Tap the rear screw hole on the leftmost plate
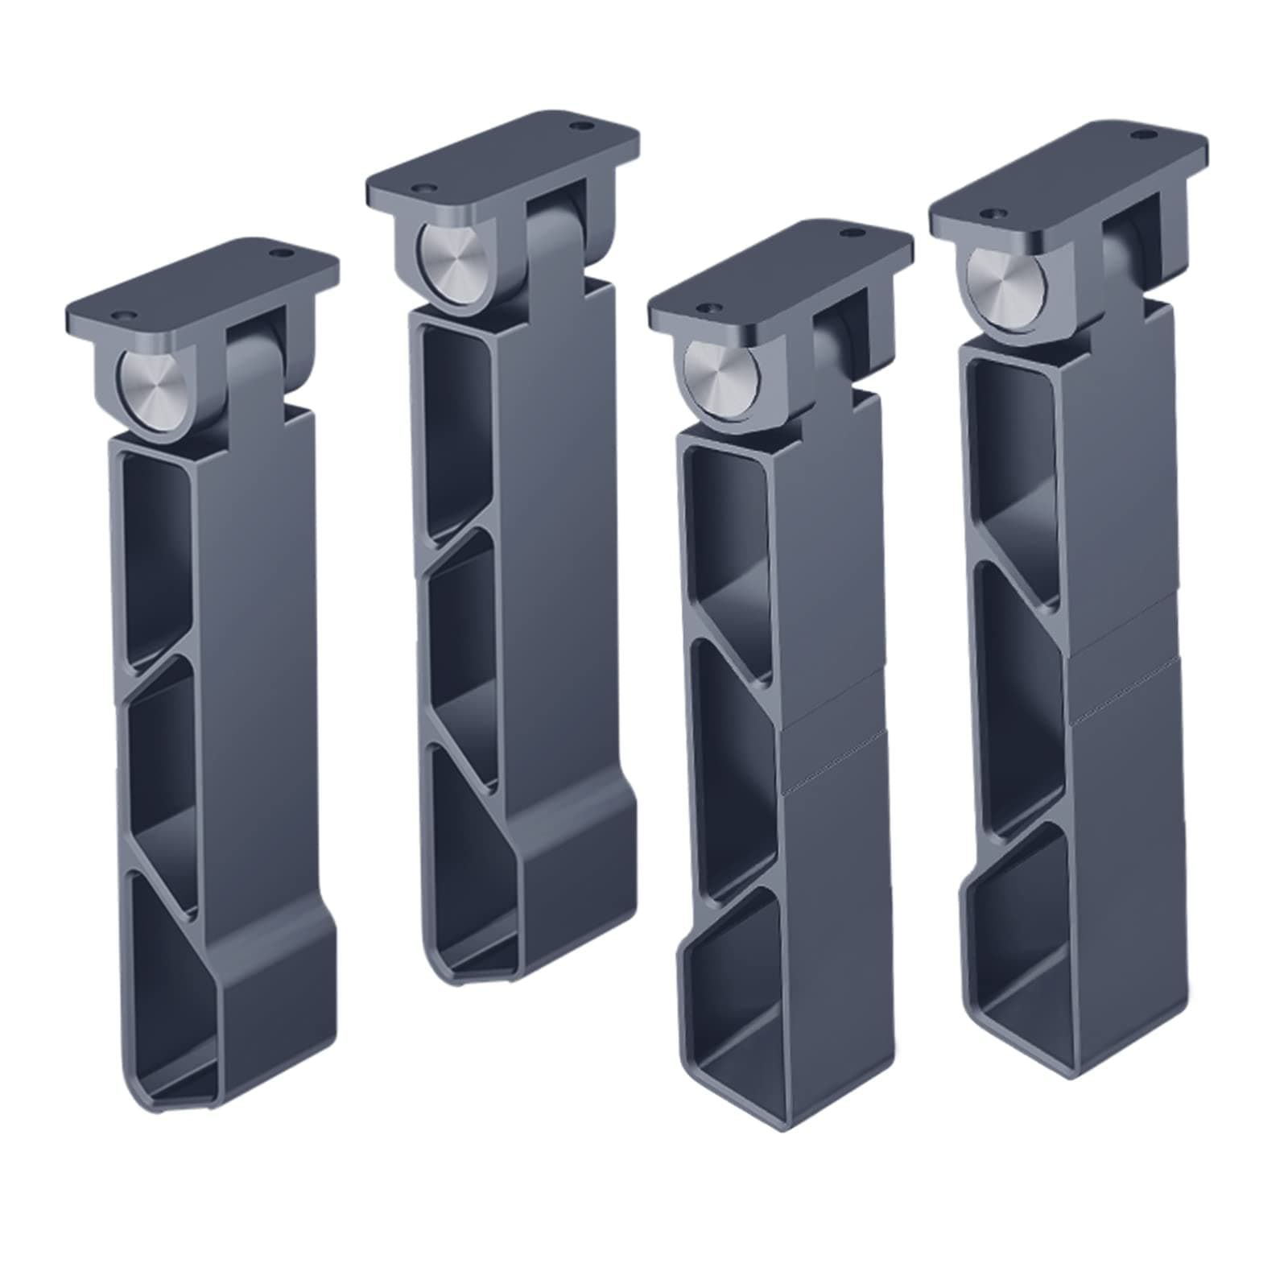(x=281, y=253)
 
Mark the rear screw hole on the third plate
(x=850, y=234)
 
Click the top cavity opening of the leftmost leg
(x=157, y=555)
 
